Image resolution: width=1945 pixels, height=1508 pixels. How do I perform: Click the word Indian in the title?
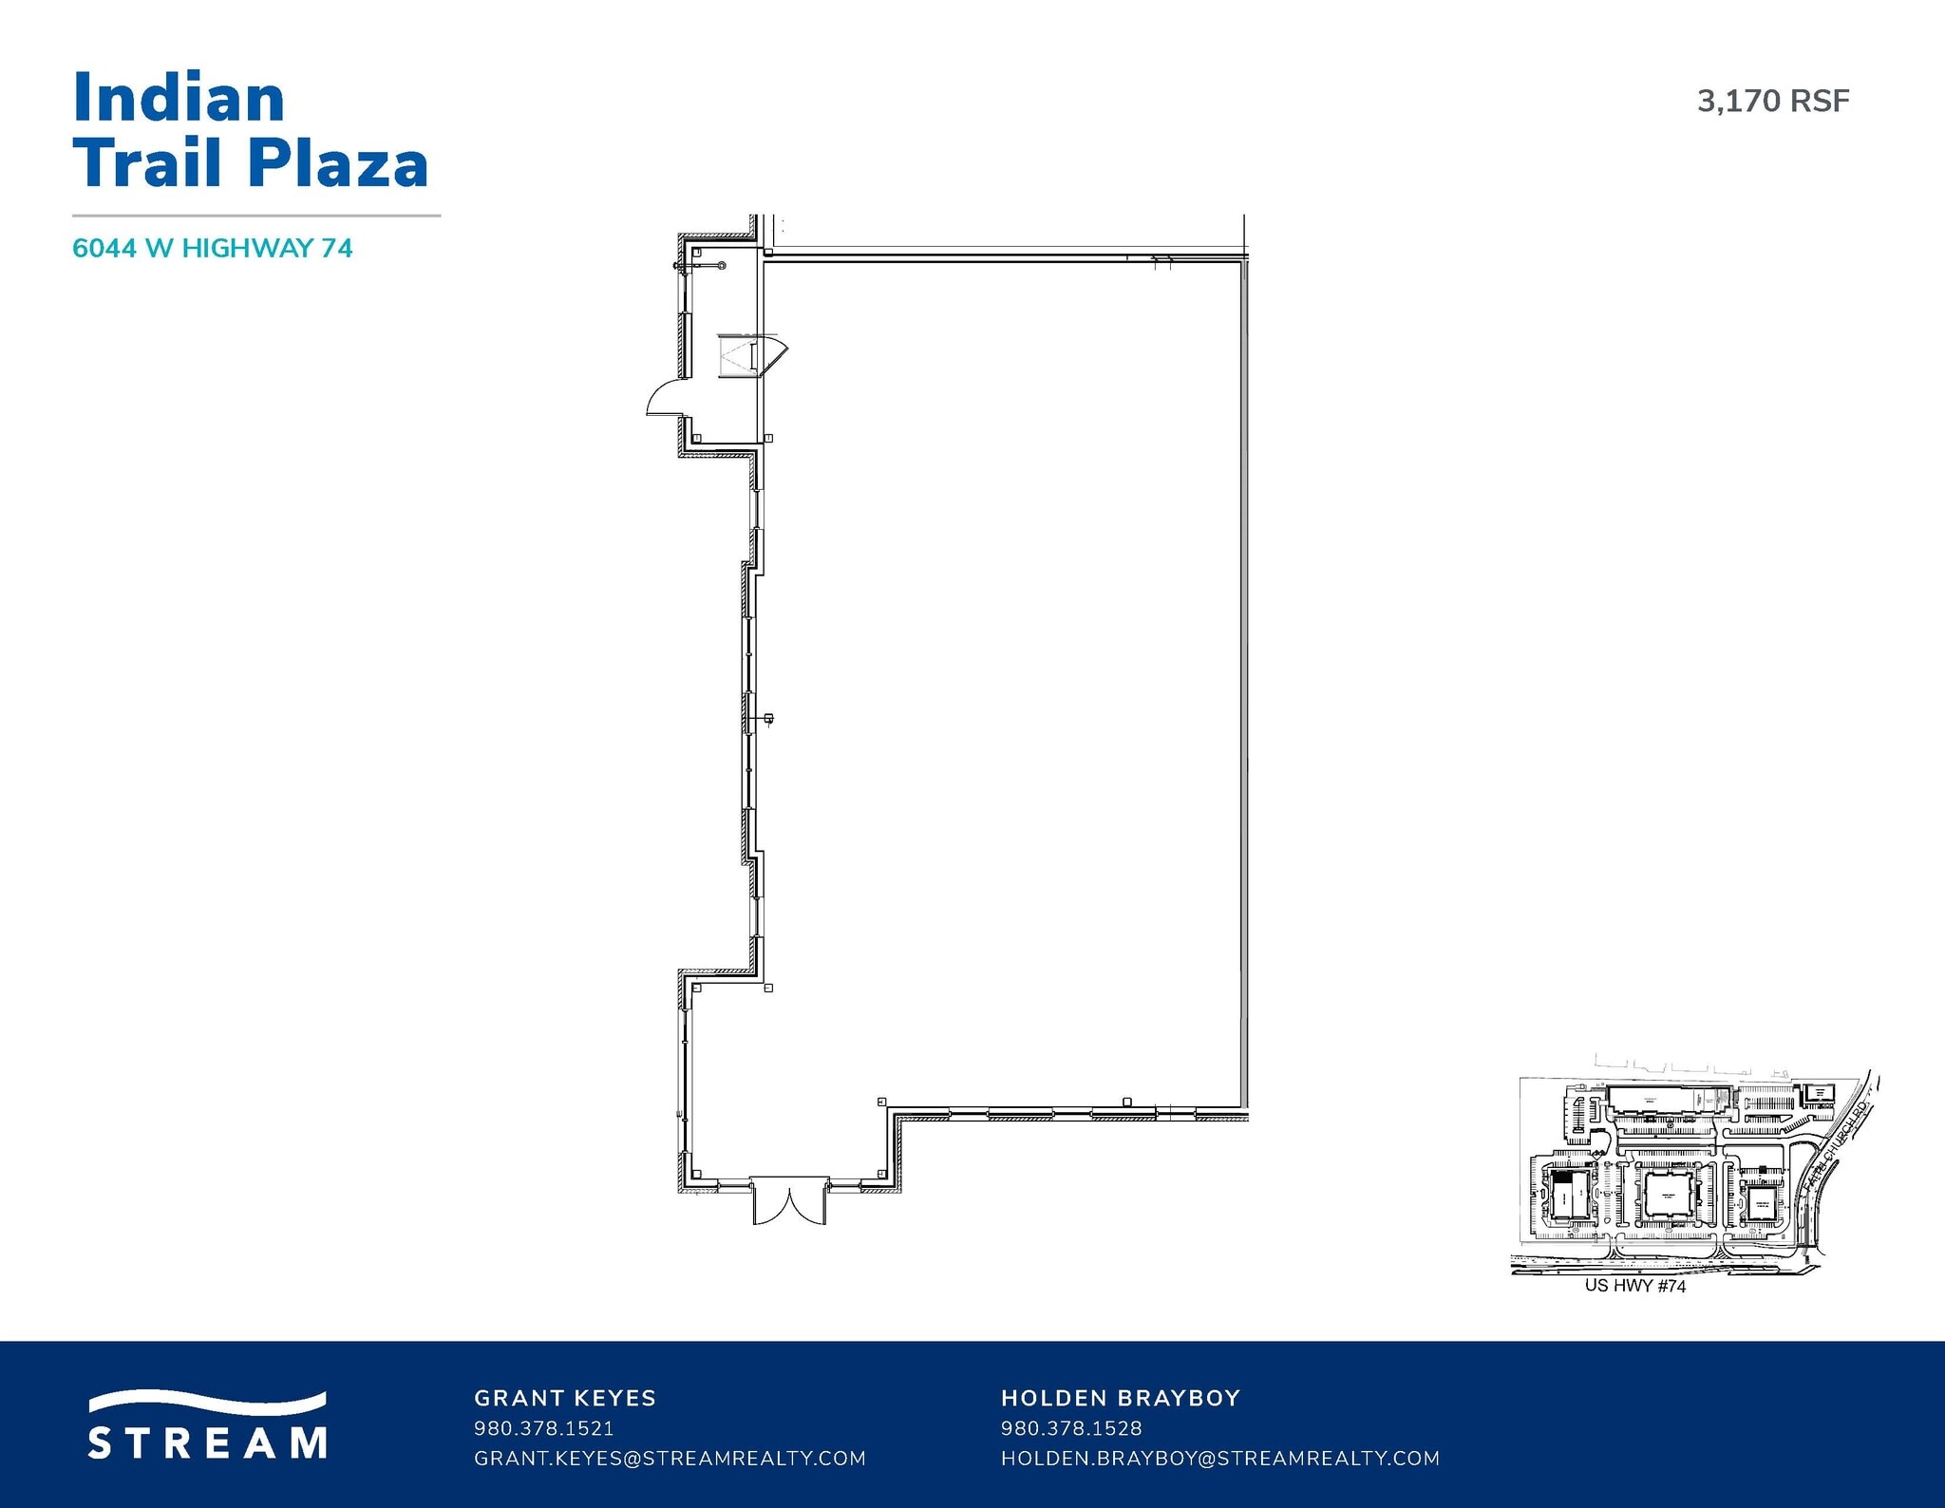pos(179,98)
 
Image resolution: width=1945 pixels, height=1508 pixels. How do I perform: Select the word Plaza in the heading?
pos(338,163)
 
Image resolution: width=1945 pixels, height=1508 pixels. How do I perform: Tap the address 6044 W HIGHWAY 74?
pos(213,249)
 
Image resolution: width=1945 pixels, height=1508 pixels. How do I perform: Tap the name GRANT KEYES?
pos(565,1398)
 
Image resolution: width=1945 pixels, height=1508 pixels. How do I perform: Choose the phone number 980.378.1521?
pos(543,1428)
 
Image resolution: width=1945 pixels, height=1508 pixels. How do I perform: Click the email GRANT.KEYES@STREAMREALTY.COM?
pos(670,1458)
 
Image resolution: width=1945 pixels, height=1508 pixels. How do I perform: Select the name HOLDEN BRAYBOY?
pos(1121,1398)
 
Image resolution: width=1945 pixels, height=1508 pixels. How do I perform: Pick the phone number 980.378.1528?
pos(1071,1428)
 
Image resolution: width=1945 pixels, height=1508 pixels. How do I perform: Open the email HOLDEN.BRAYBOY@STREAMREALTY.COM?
pos(1220,1458)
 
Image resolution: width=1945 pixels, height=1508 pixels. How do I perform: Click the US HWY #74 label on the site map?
pos(1635,1287)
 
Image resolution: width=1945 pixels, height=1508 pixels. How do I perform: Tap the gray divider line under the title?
pos(256,216)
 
